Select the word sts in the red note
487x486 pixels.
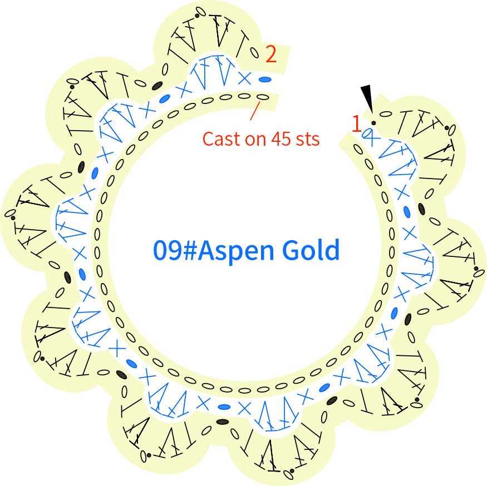tap(308, 140)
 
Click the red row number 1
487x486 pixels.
tap(357, 123)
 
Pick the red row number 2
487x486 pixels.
tap(271, 54)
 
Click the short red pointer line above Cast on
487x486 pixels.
tap(255, 111)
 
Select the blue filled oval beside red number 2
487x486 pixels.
tap(265, 80)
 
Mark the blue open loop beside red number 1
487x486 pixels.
tap(367, 133)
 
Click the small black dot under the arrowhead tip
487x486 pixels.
tap(373, 123)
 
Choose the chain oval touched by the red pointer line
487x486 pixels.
tap(263, 97)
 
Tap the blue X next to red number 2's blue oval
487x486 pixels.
tap(244, 78)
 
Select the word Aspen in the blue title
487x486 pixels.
tap(236, 251)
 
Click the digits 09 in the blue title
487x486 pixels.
tap(168, 250)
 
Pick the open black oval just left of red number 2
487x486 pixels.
tap(254, 52)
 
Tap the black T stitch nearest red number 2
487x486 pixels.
tap(242, 44)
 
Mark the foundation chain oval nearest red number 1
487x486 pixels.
tap(358, 149)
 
